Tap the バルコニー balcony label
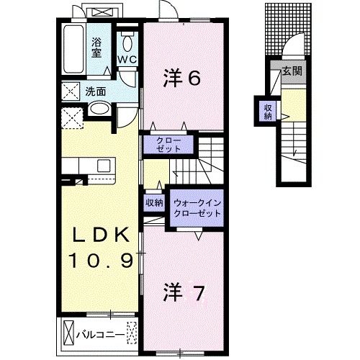pos(99,333)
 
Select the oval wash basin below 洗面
pos(99,110)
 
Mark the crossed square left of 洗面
pos(71,91)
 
